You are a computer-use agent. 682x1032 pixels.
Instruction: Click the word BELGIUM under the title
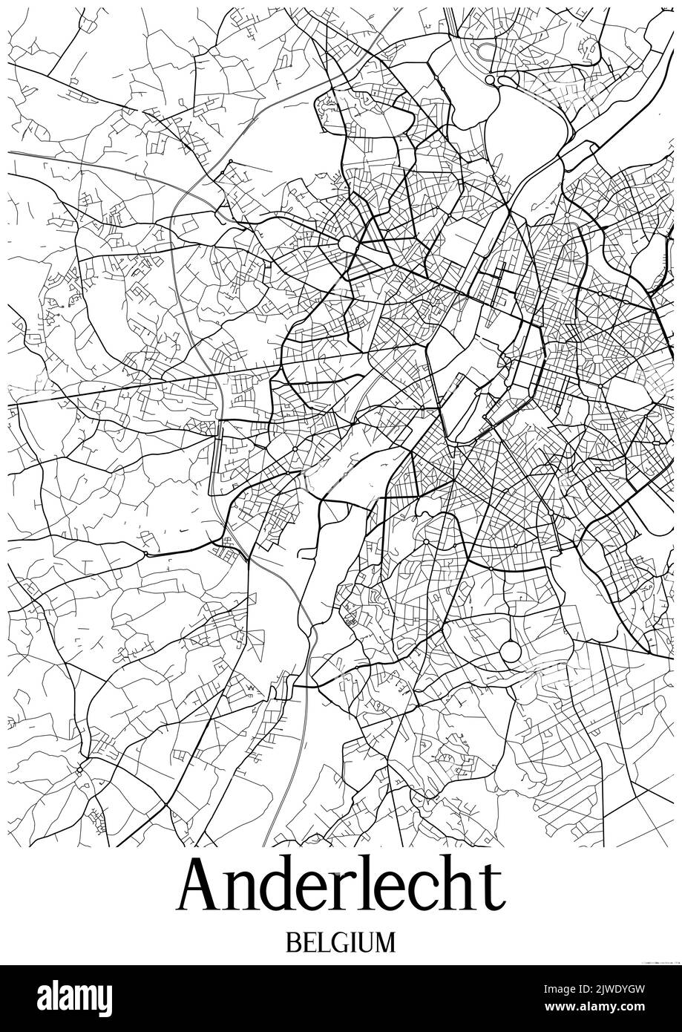click(341, 943)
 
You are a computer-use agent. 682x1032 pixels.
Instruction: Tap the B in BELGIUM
click(291, 943)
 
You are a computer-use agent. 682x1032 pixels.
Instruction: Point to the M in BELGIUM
click(386, 943)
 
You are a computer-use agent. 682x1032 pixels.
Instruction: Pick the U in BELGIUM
click(366, 943)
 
